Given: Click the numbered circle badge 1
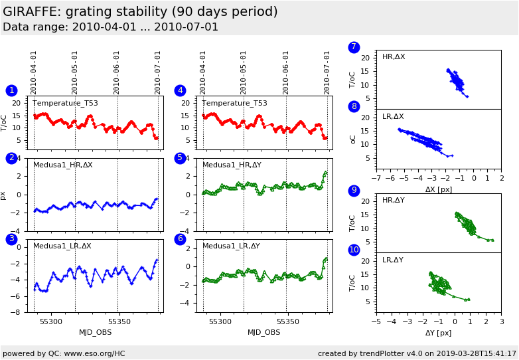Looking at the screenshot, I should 11,90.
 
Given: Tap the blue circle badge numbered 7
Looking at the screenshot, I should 354,47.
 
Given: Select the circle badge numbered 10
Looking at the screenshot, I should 354,250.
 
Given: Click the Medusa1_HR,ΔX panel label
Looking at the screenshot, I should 63,165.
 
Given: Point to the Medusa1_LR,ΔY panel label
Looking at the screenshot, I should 231,246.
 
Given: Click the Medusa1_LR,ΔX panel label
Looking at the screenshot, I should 62,246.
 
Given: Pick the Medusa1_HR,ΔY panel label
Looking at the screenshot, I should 232,165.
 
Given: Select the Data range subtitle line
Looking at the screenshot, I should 110,27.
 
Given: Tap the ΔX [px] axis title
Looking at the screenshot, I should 439,189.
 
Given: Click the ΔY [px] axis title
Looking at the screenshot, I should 439,333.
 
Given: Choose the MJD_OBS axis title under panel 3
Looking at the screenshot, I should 96,332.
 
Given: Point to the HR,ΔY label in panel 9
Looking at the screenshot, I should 394,200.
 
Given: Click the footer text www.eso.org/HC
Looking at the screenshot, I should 94,353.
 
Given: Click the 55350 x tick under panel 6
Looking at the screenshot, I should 289,321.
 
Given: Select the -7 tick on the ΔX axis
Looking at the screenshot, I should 376,179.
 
